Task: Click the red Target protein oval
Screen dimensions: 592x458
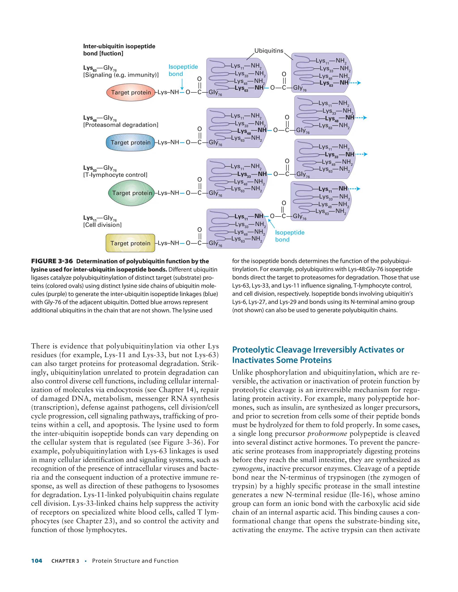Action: tap(131, 92)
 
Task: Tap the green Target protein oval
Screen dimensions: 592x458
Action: tap(131, 193)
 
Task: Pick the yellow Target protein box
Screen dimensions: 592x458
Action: tap(130, 243)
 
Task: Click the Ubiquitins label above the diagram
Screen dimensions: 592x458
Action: tap(269, 51)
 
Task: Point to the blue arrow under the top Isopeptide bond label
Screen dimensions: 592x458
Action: tap(182, 84)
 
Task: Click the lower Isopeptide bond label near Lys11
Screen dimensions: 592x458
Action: tap(290, 236)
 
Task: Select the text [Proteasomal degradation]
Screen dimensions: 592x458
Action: tap(121, 125)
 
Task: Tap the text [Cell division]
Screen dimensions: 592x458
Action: tap(102, 225)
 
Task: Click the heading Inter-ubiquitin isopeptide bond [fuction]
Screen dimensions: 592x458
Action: tap(119, 50)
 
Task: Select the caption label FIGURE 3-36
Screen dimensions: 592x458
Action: tap(52, 261)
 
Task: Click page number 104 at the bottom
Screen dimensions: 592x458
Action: tap(37, 561)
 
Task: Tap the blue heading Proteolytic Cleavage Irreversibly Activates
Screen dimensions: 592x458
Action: tap(318, 350)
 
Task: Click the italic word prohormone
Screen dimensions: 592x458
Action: tap(327, 434)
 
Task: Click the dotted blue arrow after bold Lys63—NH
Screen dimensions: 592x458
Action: tap(355, 83)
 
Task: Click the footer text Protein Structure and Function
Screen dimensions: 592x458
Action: tap(135, 561)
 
